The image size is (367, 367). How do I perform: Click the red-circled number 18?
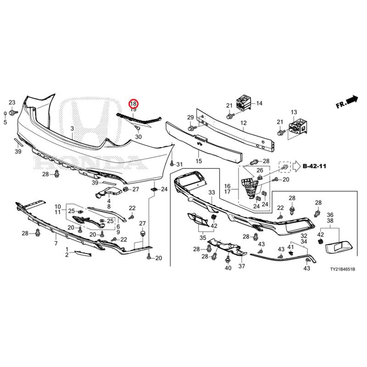(133, 103)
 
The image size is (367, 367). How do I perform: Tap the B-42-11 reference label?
(314, 166)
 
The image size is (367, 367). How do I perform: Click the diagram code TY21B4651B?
(342, 269)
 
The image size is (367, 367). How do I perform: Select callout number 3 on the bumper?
(72, 128)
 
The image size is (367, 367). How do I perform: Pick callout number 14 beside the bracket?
(259, 103)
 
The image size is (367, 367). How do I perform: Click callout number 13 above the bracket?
(294, 112)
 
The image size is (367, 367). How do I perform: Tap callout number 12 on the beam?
(244, 123)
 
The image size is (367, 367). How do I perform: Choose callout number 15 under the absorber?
(199, 161)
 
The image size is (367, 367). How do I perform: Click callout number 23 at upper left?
(12, 102)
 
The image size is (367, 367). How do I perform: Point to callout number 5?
(5, 122)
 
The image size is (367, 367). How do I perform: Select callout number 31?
(179, 164)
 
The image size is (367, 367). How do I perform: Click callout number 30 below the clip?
(139, 137)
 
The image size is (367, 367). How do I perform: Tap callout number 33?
(211, 192)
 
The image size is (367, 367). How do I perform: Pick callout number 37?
(242, 266)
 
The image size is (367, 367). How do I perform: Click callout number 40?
(228, 268)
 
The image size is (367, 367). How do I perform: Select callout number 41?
(290, 247)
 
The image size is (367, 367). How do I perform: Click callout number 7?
(56, 244)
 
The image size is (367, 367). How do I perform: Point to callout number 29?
(190, 117)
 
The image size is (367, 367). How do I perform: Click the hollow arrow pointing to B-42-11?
(296, 166)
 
